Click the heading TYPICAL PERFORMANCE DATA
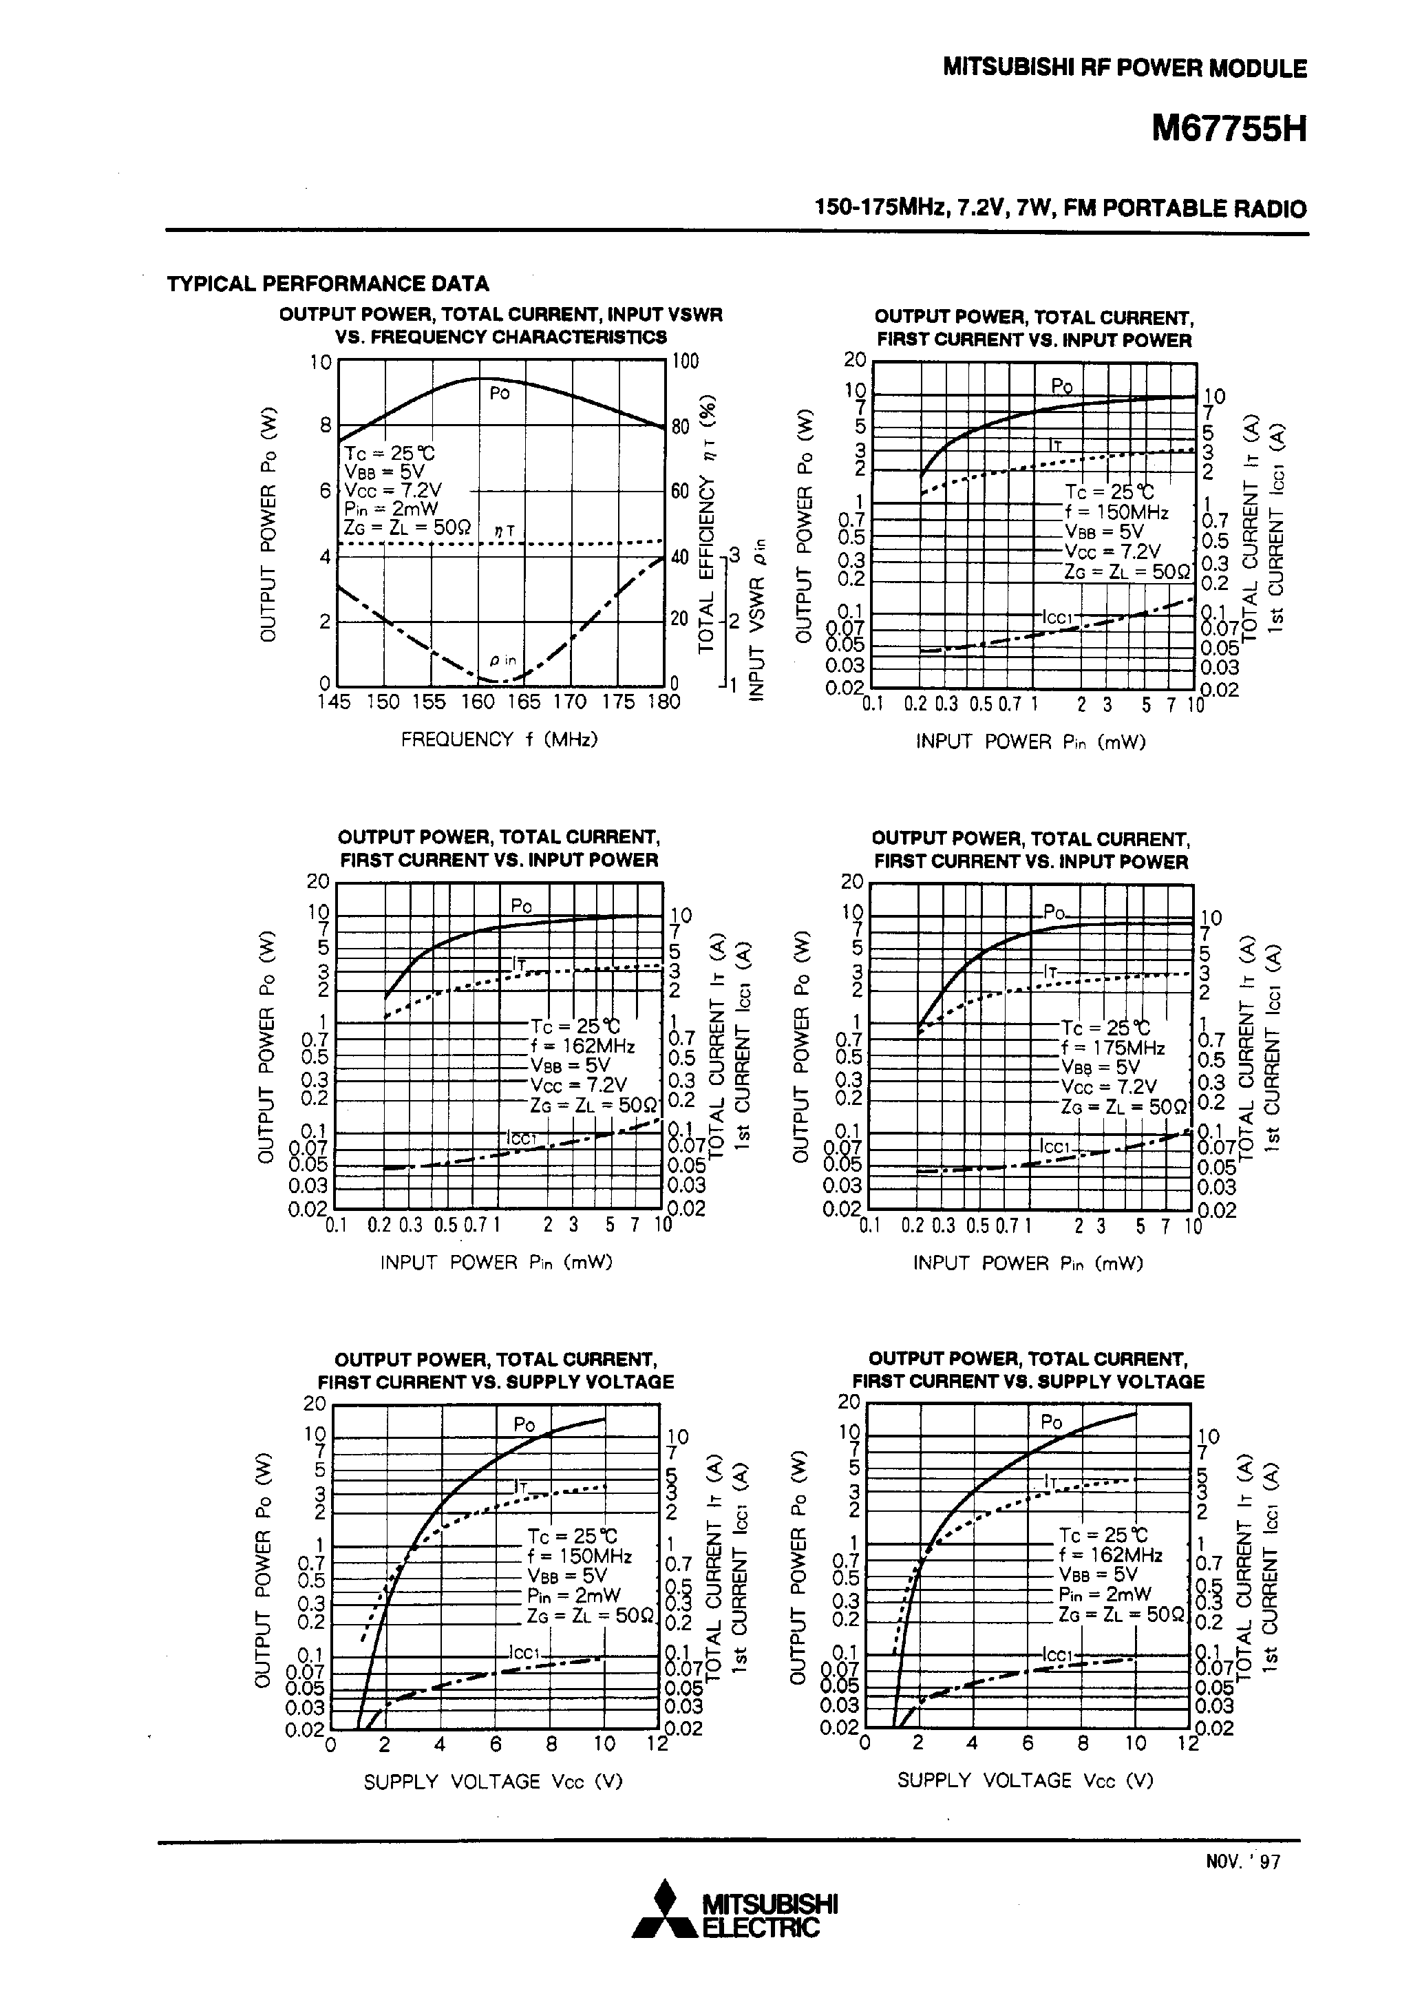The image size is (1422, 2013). [x=328, y=283]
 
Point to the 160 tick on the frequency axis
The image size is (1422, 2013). [x=478, y=702]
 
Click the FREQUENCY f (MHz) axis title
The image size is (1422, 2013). [x=499, y=739]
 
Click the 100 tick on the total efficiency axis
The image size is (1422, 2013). [x=685, y=361]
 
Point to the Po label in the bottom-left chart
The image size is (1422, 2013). [x=523, y=1424]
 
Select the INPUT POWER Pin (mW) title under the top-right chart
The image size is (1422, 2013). [x=1030, y=741]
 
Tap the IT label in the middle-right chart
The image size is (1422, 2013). [x=1051, y=972]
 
